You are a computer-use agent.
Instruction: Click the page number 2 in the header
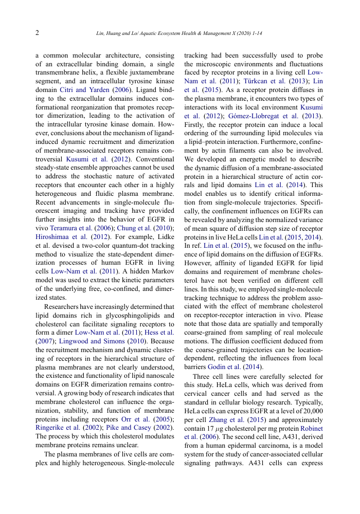(37, 33)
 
